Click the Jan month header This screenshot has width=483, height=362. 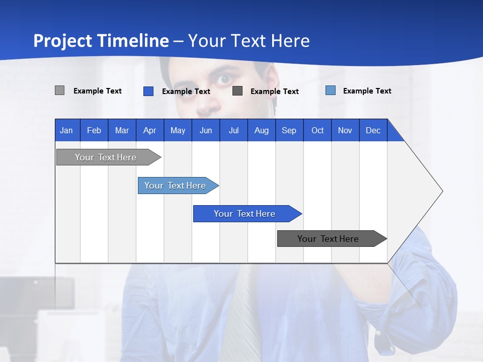[66, 130]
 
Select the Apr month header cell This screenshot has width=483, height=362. [150, 130]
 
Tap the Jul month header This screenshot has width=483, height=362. [233, 130]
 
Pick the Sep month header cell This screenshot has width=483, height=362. [289, 130]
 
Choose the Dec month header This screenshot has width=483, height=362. [373, 130]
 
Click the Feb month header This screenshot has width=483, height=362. [94, 130]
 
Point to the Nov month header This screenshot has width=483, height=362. [345, 130]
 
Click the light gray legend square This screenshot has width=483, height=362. [59, 90]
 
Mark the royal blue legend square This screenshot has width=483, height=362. [148, 91]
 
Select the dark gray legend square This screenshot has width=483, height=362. [237, 91]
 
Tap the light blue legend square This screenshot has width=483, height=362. [331, 90]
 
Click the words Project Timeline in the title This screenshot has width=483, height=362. [101, 41]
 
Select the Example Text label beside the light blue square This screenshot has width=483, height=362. [367, 91]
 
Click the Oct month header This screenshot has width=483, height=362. [317, 130]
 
